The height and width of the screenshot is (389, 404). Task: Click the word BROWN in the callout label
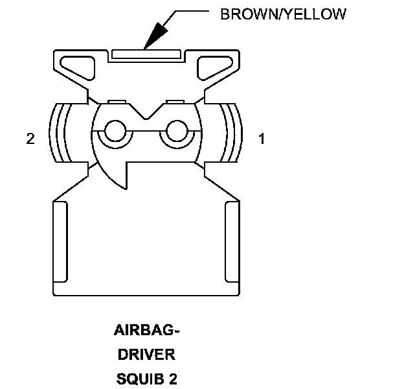point(245,14)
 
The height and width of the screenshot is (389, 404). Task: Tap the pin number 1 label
point(262,139)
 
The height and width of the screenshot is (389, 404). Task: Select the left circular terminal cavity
point(115,132)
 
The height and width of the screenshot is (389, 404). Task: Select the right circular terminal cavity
point(175,132)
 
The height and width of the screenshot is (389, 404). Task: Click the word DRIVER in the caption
point(146,355)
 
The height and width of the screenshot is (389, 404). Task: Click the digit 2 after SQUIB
point(173,377)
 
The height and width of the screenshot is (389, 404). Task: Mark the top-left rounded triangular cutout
point(78,65)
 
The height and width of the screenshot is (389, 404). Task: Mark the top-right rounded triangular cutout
point(214,65)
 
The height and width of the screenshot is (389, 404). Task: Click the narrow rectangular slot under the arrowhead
point(146,54)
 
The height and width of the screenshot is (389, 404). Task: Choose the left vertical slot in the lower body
point(59,241)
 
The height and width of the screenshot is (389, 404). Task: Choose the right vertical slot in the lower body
point(232,241)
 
